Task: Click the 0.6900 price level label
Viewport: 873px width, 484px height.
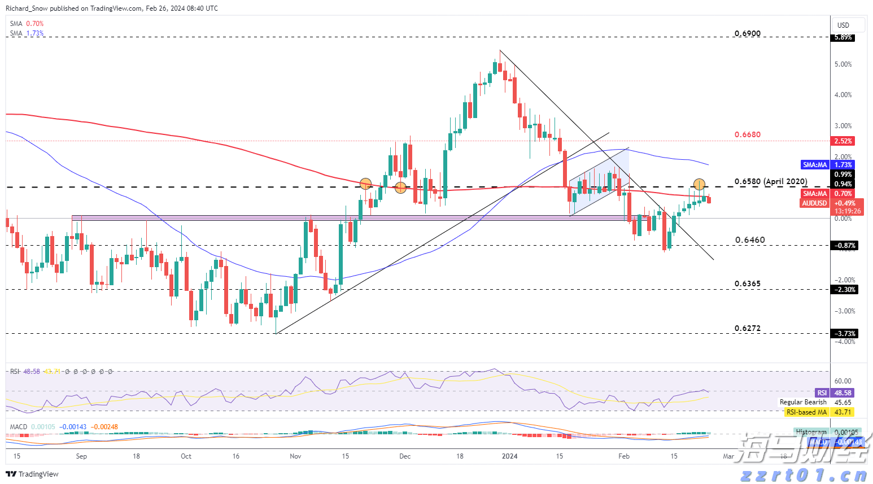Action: coord(747,33)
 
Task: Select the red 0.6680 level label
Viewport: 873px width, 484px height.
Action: coord(747,134)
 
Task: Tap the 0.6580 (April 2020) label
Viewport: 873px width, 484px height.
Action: coord(770,182)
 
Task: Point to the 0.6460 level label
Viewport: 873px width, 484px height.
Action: coord(750,240)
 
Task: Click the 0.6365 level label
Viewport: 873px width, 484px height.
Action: coord(747,284)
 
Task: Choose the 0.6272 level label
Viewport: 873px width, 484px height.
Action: coord(747,328)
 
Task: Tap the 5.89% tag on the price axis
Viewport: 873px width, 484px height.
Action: coord(843,37)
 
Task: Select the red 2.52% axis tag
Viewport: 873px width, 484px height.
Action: coord(843,141)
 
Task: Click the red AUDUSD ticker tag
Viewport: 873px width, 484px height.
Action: coord(814,203)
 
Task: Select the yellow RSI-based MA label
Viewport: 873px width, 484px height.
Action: coord(806,412)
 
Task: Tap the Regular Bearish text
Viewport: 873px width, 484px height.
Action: coord(803,402)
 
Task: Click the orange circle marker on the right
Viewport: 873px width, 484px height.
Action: coord(699,184)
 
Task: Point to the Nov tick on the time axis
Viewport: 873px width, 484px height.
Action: coord(295,456)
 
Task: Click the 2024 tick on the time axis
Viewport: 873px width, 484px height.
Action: coord(510,456)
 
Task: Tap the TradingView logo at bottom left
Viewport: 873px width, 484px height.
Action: coord(33,474)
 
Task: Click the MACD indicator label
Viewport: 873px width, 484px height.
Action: coord(19,427)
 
